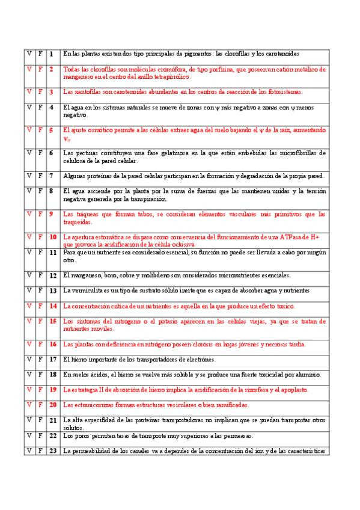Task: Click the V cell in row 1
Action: [x=29, y=54]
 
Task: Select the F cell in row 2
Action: [x=40, y=69]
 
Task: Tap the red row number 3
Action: [x=52, y=92]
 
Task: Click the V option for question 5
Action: [x=29, y=130]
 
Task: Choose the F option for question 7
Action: [x=40, y=176]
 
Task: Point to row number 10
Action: [x=53, y=237]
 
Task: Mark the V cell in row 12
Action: [x=29, y=275]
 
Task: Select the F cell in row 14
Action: [x=40, y=306]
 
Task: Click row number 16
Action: [x=53, y=345]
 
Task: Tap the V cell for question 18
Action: [x=29, y=375]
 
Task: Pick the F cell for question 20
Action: [x=40, y=405]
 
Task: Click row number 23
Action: [x=53, y=451]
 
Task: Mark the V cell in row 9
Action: [x=29, y=214]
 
